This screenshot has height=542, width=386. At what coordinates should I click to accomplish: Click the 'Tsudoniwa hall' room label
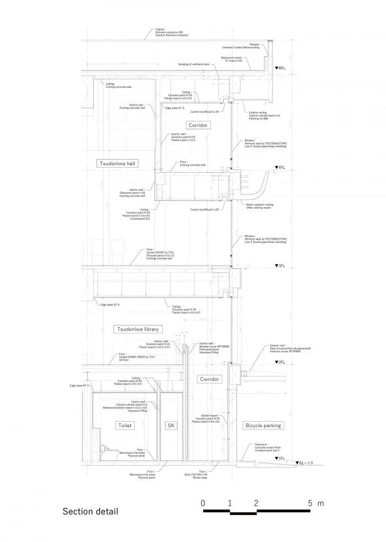(x=117, y=163)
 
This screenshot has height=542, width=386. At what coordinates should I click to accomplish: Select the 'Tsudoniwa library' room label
(x=137, y=330)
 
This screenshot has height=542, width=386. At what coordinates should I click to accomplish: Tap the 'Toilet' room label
(x=125, y=426)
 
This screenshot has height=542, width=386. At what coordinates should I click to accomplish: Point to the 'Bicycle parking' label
(x=262, y=426)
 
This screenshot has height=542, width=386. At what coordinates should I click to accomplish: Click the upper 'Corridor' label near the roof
(x=199, y=125)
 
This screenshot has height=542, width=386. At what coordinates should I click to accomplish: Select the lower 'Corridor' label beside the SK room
(x=208, y=379)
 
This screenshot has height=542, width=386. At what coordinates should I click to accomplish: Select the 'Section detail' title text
(x=90, y=512)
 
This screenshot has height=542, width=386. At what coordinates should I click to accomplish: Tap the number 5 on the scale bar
(x=310, y=503)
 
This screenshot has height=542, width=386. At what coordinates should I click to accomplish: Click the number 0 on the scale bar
(x=203, y=503)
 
